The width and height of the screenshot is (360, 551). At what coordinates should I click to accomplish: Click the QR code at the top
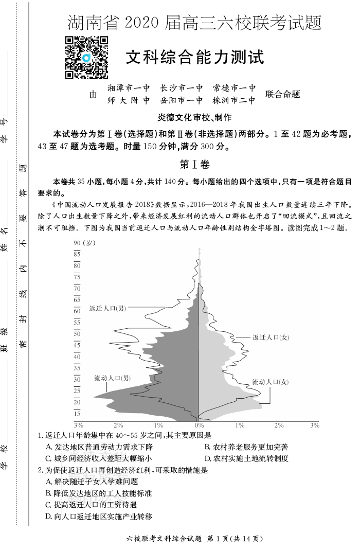[86, 58]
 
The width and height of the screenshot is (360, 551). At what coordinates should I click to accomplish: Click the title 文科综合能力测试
[195, 57]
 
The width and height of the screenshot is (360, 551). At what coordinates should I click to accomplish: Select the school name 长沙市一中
[181, 88]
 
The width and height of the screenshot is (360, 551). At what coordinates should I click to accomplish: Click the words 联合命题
[282, 94]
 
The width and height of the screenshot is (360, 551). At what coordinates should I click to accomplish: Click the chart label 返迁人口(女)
[271, 337]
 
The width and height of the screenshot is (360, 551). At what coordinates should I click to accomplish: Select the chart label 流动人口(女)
[270, 382]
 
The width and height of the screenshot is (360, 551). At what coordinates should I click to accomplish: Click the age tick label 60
[77, 311]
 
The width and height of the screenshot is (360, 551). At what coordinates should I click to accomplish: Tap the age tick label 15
[77, 414]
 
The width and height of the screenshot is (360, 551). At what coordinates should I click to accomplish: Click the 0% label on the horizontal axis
[199, 425]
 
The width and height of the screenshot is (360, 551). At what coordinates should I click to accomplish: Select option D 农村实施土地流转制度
[246, 458]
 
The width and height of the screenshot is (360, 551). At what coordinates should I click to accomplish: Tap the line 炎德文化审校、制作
[195, 117]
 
